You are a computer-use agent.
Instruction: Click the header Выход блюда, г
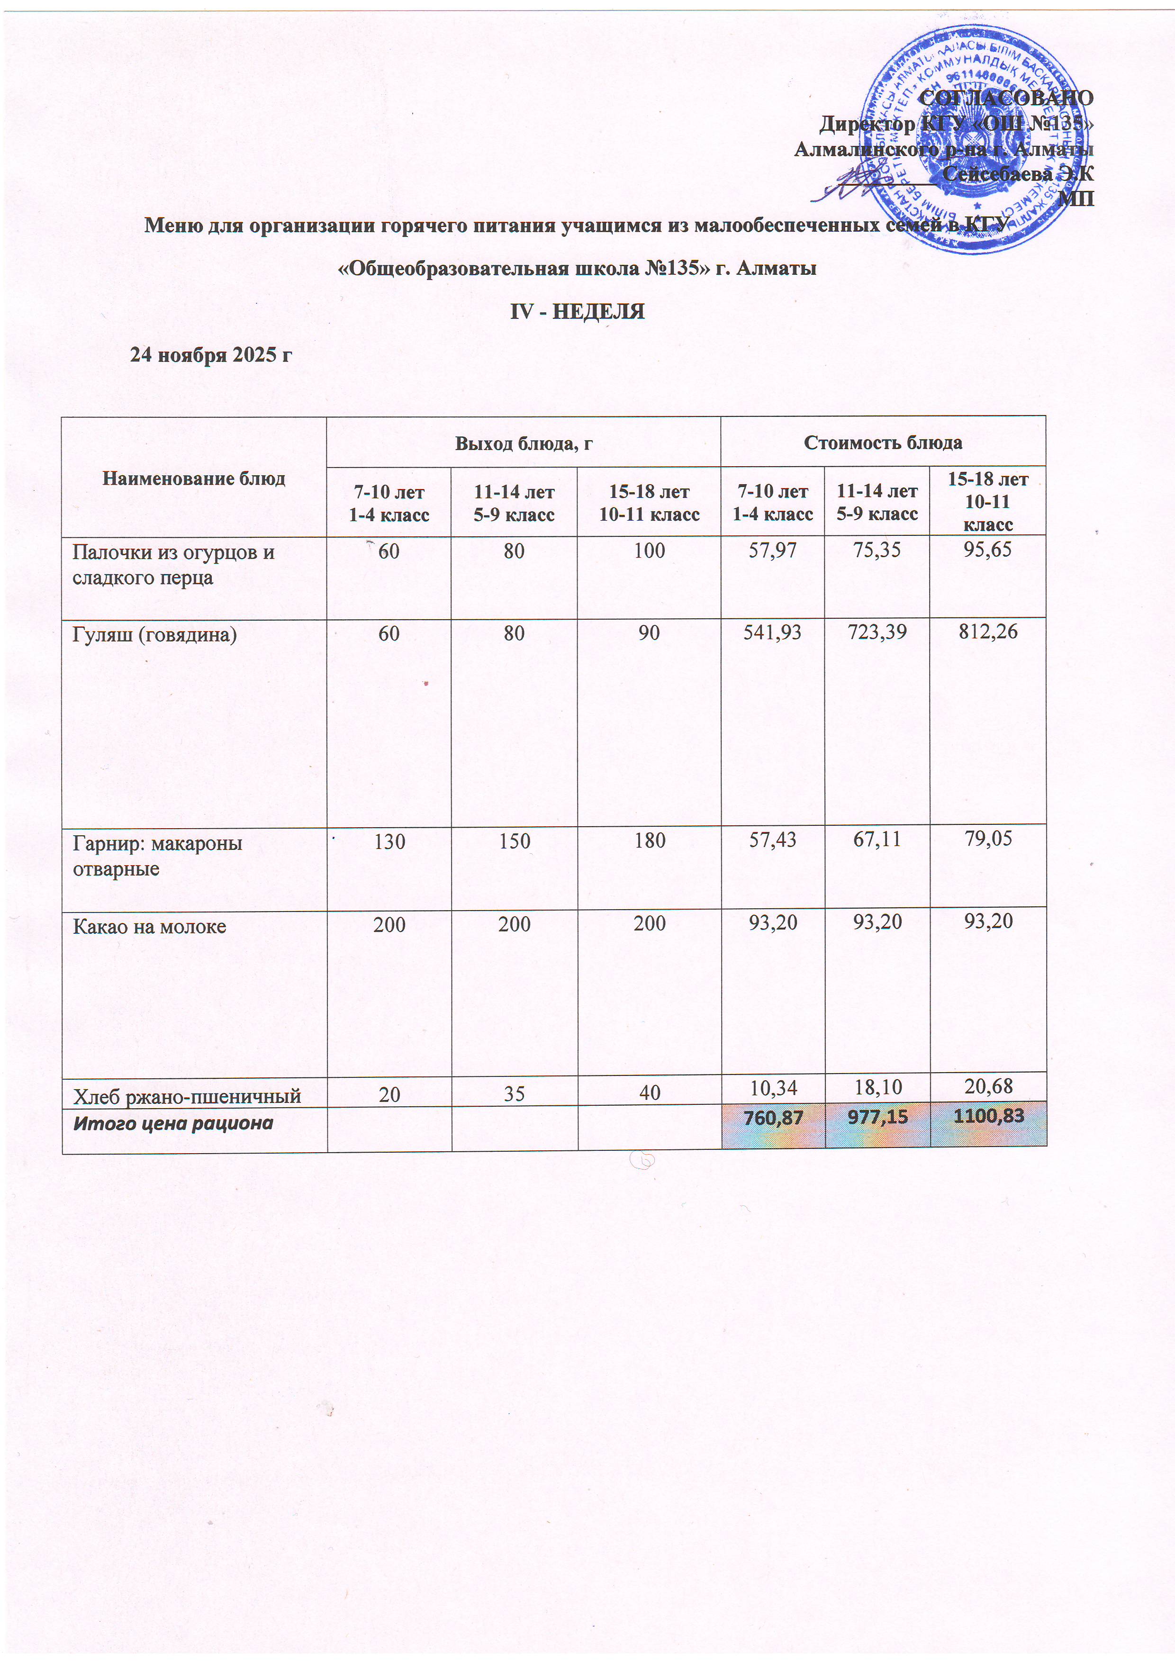[524, 443]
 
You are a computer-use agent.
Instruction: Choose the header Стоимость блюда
[883, 443]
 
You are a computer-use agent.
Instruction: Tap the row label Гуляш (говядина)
[155, 635]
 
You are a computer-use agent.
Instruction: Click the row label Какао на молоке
[149, 927]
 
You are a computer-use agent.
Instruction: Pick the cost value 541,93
[772, 632]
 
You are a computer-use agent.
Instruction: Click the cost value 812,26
[987, 632]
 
